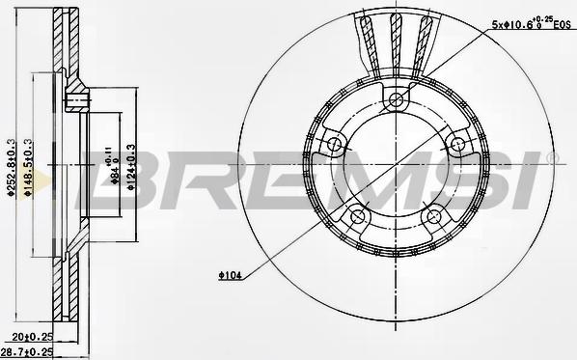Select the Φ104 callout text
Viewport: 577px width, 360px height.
click(x=229, y=277)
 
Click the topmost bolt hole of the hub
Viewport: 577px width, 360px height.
click(x=396, y=103)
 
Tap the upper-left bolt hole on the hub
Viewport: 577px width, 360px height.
click(x=335, y=146)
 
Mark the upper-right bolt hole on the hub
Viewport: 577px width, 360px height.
click(x=456, y=147)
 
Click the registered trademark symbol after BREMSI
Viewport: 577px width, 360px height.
click(x=553, y=157)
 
